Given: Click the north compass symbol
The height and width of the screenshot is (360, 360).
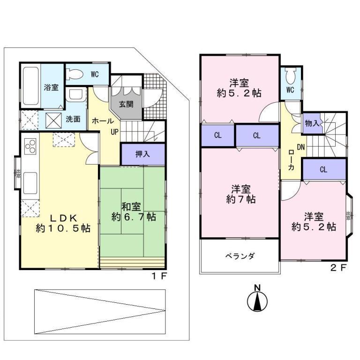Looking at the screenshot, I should pos(256,300).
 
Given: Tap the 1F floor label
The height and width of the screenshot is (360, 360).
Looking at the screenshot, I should pos(158,276).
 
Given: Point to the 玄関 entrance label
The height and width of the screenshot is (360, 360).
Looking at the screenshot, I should pos(126,104).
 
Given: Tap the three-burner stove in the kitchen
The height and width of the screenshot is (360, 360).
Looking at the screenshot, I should pos(31,147).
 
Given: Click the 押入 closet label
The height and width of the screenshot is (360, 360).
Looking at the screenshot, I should pos(142,154).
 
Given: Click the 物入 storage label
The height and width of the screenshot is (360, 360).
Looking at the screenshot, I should pos(312,123).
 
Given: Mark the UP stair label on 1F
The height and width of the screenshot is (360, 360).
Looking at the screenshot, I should pos(114,132).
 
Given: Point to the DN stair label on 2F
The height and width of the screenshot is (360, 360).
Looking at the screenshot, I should pos(300,147).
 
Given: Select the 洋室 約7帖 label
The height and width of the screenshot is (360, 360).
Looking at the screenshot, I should pos(240,194).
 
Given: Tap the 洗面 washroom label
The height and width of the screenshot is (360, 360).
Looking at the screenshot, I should pos(73,119).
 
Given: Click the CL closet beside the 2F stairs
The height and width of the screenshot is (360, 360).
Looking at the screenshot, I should pos(323,170).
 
